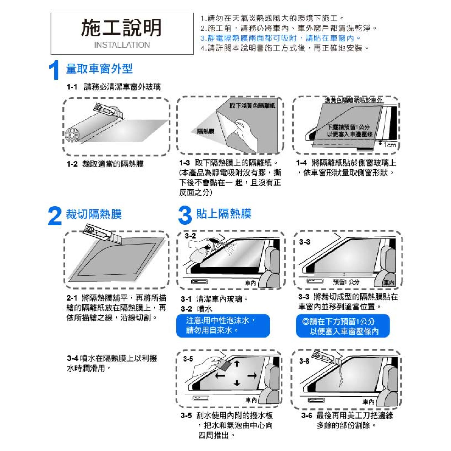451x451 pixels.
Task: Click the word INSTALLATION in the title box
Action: [x=122, y=45]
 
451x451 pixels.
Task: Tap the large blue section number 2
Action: [x=55, y=216]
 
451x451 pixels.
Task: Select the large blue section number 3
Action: [x=185, y=215]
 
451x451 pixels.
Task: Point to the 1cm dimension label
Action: [x=390, y=145]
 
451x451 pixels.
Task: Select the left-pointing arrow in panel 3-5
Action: [x=220, y=376]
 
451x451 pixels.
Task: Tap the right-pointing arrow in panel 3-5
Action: [x=252, y=376]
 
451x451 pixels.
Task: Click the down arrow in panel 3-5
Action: [x=237, y=383]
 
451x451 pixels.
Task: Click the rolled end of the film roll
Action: [x=72, y=135]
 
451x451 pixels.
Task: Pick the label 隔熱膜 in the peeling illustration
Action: [x=206, y=132]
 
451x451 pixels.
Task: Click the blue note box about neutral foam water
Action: [x=223, y=326]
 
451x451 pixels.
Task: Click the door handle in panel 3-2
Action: [x=200, y=282]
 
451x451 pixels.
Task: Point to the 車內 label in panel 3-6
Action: [x=368, y=402]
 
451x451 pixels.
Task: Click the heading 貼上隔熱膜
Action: [x=224, y=214]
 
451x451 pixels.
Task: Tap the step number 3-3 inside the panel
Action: [x=305, y=242]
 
